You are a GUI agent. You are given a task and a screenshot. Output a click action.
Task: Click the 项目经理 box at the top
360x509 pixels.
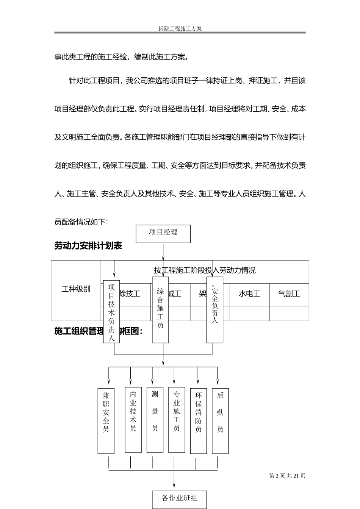click(163, 234)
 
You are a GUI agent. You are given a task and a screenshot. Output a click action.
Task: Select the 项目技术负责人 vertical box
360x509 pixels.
click(111, 312)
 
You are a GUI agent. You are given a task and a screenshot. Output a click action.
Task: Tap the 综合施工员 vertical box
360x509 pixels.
click(160, 310)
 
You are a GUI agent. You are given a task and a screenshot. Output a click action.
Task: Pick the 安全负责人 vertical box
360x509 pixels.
click(215, 310)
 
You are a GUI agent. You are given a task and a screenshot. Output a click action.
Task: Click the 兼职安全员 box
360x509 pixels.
click(106, 421)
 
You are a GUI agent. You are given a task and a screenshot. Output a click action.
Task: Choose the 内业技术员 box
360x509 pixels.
click(133, 420)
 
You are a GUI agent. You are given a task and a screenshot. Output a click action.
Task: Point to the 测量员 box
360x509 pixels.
click(155, 420)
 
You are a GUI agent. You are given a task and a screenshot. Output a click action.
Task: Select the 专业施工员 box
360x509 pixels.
click(177, 420)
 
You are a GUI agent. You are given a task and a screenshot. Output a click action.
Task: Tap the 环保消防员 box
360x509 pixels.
click(198, 421)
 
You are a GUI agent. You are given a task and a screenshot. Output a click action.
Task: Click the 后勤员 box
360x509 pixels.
click(220, 421)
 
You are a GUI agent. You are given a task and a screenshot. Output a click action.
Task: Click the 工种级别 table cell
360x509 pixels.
click(76, 289)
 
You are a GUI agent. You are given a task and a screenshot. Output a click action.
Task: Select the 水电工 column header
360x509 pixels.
click(249, 294)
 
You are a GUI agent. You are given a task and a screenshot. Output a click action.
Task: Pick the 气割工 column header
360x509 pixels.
click(289, 294)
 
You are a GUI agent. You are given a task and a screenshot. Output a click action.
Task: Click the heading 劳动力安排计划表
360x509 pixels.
click(88, 246)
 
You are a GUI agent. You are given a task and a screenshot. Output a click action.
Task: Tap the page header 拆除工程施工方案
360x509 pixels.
click(180, 28)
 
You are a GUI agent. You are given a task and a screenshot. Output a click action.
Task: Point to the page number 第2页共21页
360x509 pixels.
click(287, 476)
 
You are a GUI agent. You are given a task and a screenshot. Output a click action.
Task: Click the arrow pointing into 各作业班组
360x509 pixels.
click(174, 485)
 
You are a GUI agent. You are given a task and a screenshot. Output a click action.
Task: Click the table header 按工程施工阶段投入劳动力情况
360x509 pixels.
click(205, 270)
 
